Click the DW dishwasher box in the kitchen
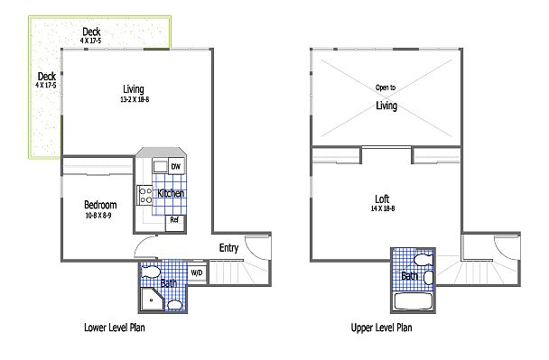click(176, 166)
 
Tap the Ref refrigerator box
click(174, 223)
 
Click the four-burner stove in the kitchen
click(145, 196)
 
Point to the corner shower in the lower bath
click(152, 300)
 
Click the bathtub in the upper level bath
click(414, 301)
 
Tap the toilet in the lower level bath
click(151, 272)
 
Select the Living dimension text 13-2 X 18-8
click(135, 99)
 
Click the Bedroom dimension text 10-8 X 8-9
click(98, 216)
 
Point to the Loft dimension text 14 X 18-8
click(383, 208)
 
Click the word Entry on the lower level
click(228, 248)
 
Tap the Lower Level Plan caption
click(115, 328)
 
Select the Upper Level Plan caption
click(381, 328)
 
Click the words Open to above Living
click(386, 88)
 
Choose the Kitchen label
click(171, 193)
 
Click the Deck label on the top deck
click(91, 32)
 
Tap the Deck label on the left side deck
click(47, 77)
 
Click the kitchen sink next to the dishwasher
click(160, 166)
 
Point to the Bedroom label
click(100, 205)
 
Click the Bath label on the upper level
click(409, 276)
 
